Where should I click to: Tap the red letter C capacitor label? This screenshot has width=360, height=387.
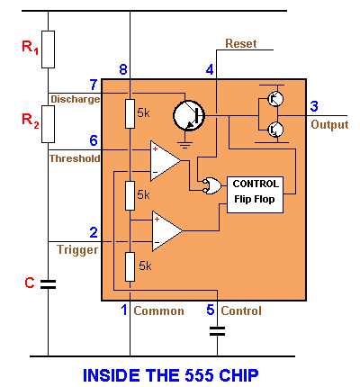pos(29,283)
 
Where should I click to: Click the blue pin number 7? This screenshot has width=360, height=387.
pos(93,84)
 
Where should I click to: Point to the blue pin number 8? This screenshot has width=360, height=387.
pos(123,69)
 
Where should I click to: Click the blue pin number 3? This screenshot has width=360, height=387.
pos(313,107)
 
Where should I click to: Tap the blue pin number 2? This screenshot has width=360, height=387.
pos(93,233)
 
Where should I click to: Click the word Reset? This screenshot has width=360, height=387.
pos(240,43)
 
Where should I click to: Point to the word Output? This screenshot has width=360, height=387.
pos(329,125)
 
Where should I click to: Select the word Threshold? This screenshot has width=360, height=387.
pos(74,157)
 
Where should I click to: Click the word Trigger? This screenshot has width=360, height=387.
pos(76,249)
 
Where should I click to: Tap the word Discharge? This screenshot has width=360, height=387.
pos(75,99)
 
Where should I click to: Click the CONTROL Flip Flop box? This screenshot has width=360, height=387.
pos(256,192)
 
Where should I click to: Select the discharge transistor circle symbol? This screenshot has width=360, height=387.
pos(190,113)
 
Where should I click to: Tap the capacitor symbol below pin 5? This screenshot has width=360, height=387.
pos(216,330)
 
